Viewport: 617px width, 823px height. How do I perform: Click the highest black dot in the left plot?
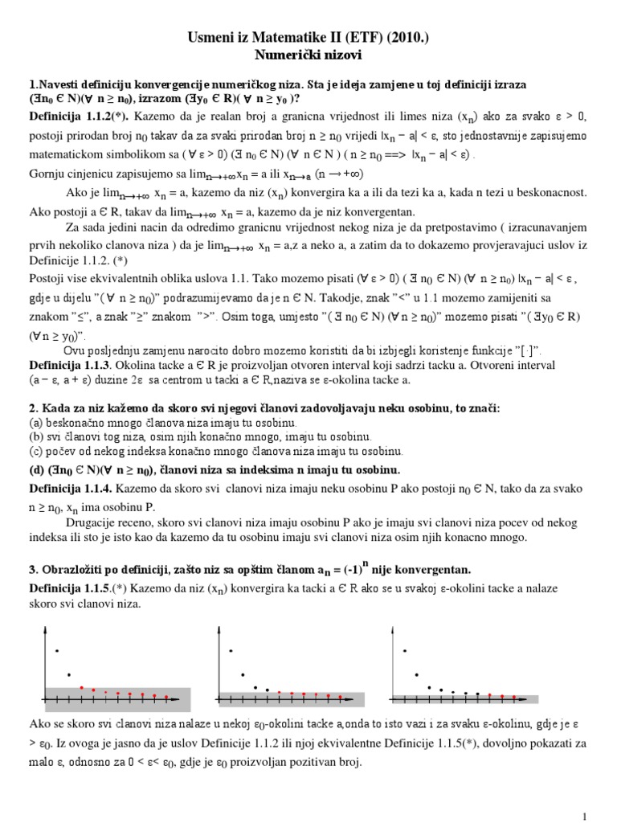56,649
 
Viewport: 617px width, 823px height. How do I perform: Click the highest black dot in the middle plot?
231,650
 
